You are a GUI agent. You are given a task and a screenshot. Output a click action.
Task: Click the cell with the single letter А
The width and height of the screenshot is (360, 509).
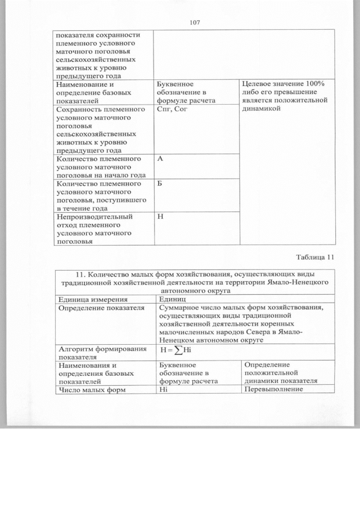(x=160, y=159)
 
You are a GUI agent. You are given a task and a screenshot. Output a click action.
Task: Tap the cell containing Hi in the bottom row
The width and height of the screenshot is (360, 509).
(x=164, y=390)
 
